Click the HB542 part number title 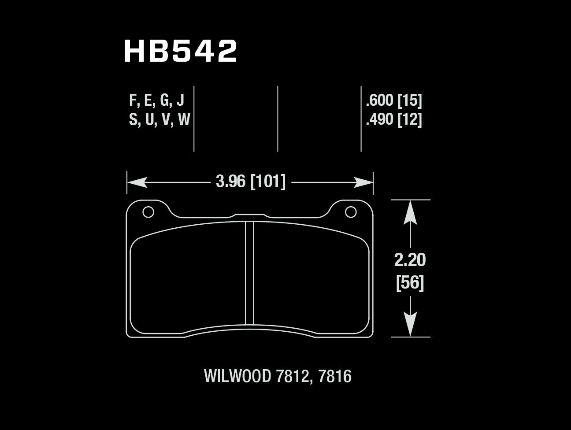pyautogui.click(x=181, y=51)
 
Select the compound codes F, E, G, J pyautogui.click(x=156, y=100)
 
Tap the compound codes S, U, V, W pyautogui.click(x=159, y=120)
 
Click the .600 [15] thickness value pyautogui.click(x=394, y=100)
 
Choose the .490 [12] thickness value pyautogui.click(x=394, y=120)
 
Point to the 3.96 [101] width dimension pyautogui.click(x=251, y=182)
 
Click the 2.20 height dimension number pyautogui.click(x=410, y=260)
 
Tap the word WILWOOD pyautogui.click(x=237, y=376)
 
